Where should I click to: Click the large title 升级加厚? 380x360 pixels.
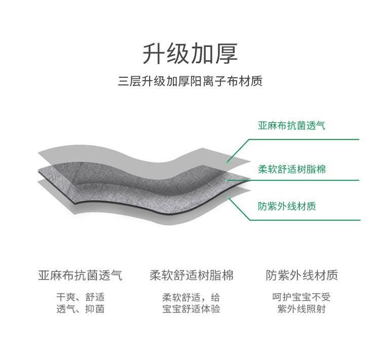pyautogui.click(x=189, y=54)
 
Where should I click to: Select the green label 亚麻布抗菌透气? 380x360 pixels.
pyautogui.click(x=291, y=125)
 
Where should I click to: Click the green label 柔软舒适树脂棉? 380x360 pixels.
pyautogui.click(x=292, y=169)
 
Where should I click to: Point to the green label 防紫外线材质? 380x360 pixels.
pyautogui.click(x=287, y=207)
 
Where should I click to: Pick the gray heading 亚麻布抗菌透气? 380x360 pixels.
pyautogui.click(x=80, y=276)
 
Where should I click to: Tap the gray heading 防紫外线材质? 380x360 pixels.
pyautogui.click(x=301, y=276)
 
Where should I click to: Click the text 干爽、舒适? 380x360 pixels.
pyautogui.click(x=80, y=297)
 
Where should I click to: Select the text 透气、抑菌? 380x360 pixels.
pyautogui.click(x=80, y=309)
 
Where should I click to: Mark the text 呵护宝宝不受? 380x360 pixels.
pyautogui.click(x=301, y=297)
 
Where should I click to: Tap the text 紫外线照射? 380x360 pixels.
pyautogui.click(x=301, y=309)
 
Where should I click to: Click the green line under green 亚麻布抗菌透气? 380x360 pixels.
pyautogui.click(x=304, y=139)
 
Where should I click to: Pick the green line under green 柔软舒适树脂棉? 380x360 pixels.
pyautogui.click(x=304, y=180)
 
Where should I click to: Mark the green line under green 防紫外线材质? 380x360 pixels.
pyautogui.click(x=304, y=220)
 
